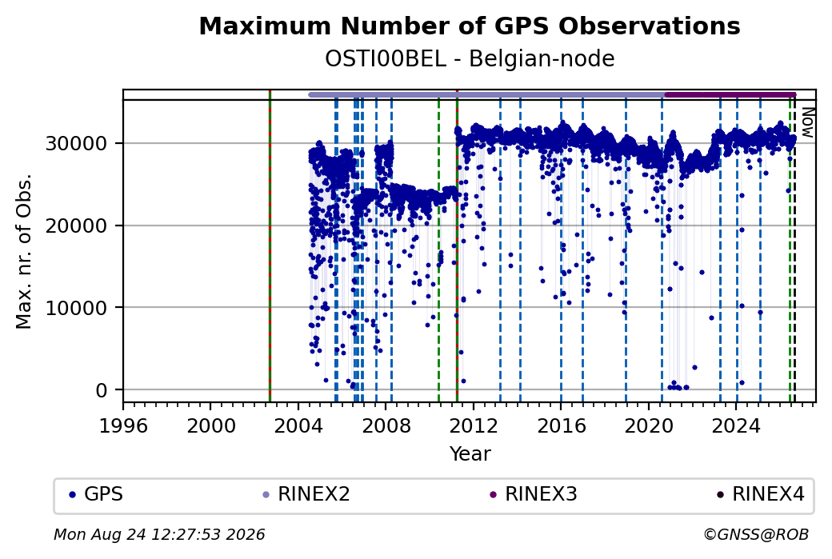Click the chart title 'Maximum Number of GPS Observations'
[x=470, y=26]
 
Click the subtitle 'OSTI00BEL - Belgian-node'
[x=470, y=59]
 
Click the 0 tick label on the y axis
[x=102, y=390]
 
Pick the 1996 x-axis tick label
[x=123, y=426]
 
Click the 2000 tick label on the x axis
[x=210, y=426]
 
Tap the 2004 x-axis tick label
[x=298, y=426]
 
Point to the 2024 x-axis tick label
[x=736, y=426]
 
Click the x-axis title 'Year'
[x=470, y=454]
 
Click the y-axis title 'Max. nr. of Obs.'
[x=24, y=251]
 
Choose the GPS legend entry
[x=96, y=494]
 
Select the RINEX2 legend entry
[x=306, y=494]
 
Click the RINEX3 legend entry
[x=534, y=494]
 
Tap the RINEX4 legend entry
[x=761, y=494]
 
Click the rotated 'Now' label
[x=807, y=122]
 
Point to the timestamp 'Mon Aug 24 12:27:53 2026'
[x=159, y=534]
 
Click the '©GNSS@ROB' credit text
[x=756, y=534]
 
